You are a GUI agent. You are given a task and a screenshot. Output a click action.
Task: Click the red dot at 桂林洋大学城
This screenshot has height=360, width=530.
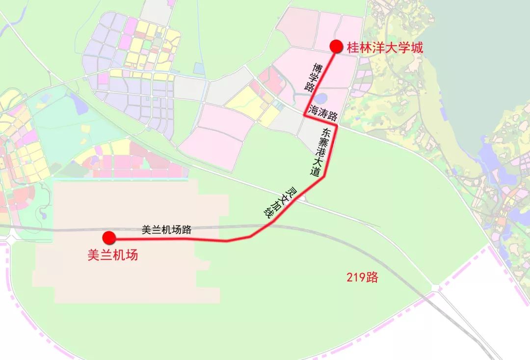click(x=336, y=47)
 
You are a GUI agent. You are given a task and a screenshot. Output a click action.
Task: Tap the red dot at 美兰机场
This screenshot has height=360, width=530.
click(x=108, y=238)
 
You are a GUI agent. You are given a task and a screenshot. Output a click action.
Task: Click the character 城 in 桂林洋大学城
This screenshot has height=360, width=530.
click(x=416, y=48)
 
